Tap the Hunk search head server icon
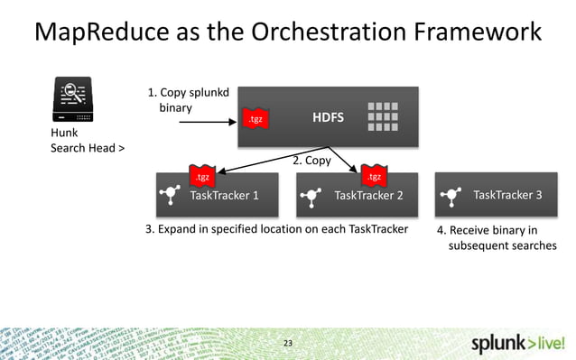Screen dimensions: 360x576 pos(71,101)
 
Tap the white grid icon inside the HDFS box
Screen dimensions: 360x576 pos(384,116)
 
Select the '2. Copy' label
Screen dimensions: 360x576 pos(311,161)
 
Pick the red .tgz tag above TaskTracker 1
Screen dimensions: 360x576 pos(203,175)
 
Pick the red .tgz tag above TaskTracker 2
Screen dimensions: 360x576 pos(372,175)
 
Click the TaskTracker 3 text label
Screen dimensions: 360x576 pos(507,194)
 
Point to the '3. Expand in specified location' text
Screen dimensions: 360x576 pos(276,228)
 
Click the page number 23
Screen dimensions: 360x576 pos(288,343)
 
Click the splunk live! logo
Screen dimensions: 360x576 pos(519,343)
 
